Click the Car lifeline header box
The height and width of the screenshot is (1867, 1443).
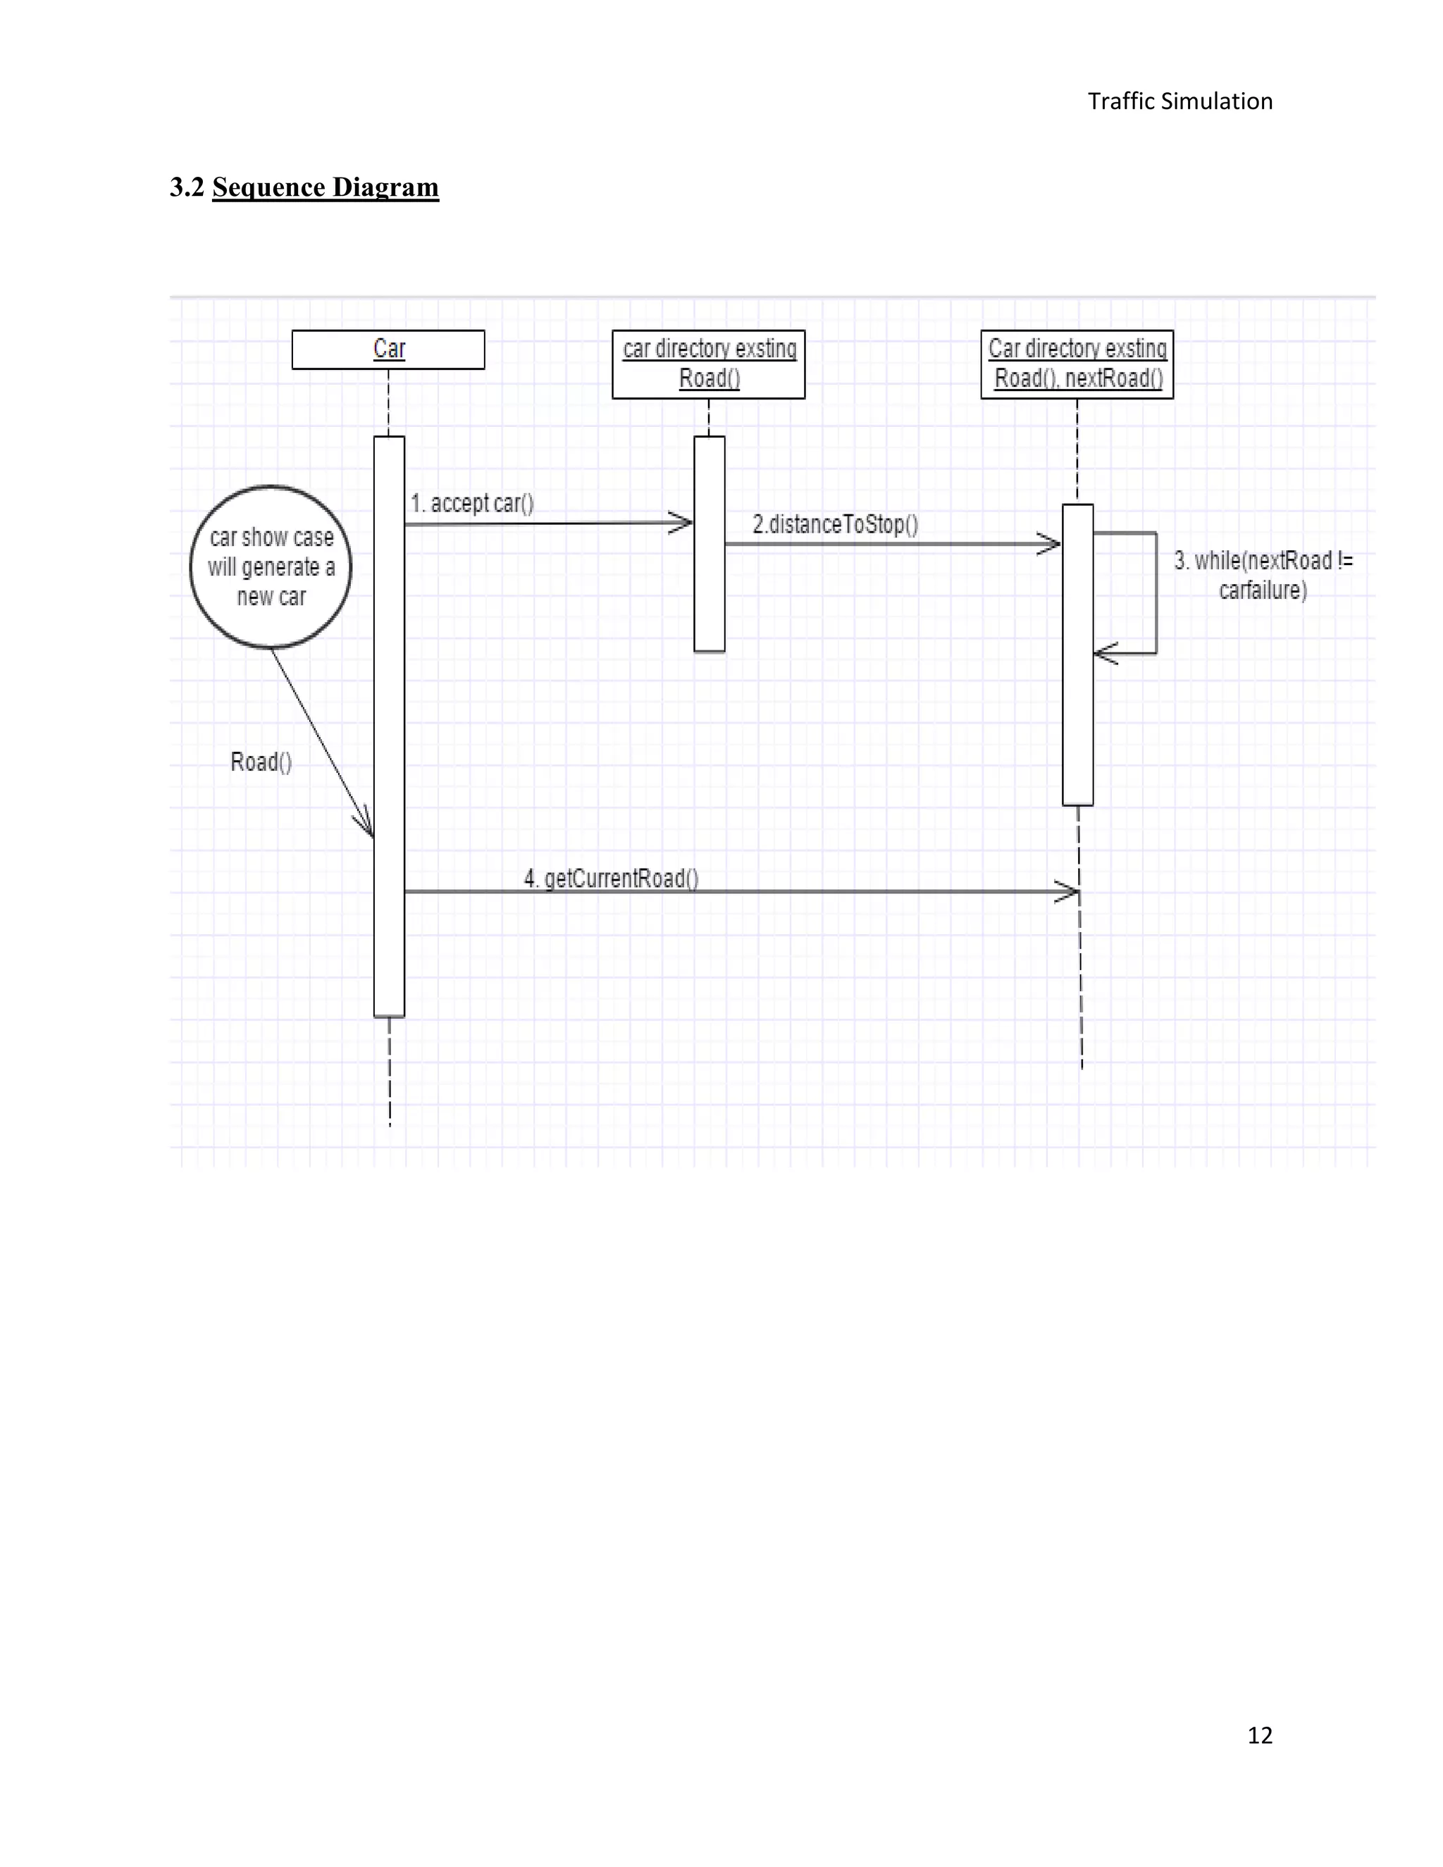tap(388, 349)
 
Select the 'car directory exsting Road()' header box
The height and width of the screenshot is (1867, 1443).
tap(709, 364)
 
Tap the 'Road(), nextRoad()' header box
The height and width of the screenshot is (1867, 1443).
tap(1077, 364)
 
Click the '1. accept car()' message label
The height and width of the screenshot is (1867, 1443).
tap(472, 504)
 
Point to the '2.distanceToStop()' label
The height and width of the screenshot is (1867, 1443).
tap(835, 524)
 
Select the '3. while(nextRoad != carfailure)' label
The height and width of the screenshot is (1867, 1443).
tap(1263, 576)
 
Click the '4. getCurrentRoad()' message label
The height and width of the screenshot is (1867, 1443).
tap(611, 879)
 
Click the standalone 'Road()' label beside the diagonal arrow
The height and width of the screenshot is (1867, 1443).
tap(261, 762)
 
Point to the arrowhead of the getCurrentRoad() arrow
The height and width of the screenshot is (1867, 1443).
tap(1070, 892)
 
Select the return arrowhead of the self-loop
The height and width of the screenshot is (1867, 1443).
tap(1102, 654)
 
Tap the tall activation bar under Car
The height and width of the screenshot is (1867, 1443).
tap(389, 726)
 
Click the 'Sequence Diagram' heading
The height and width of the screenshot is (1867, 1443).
tap(325, 187)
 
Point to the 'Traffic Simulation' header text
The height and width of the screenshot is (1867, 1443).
tap(1179, 101)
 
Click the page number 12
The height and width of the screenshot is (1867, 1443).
tap(1259, 1735)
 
